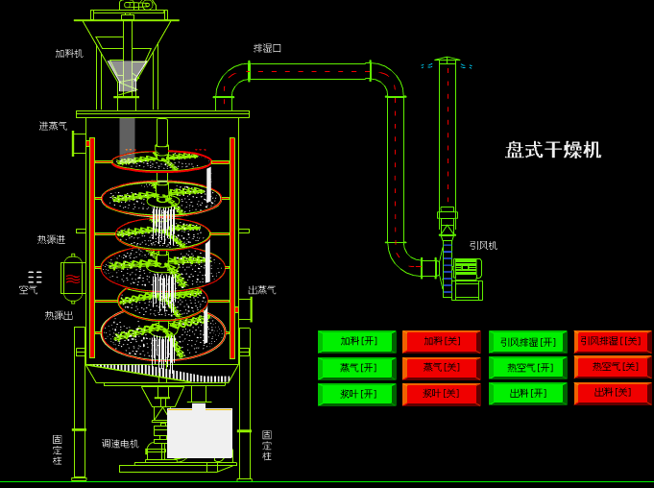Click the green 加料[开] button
point(356,341)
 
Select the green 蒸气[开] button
point(356,368)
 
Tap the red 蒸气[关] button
point(442,368)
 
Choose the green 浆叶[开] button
point(356,394)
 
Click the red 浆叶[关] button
point(442,394)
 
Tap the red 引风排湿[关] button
point(613,341)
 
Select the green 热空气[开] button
point(527,368)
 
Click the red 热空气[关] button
point(613,367)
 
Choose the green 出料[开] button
point(527,393)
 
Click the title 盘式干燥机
point(553,150)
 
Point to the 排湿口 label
point(267,48)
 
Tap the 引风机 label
point(483,246)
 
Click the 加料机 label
point(68,54)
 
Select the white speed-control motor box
point(200,433)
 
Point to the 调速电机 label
point(120,444)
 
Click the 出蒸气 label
point(262,290)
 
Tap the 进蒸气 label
point(53,126)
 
